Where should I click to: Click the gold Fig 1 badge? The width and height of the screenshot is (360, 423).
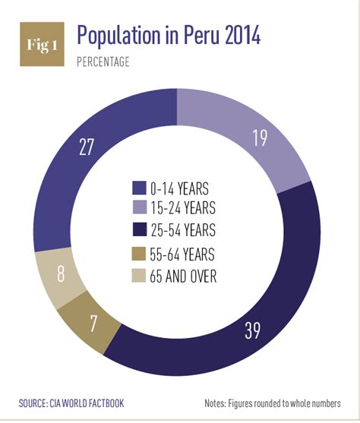pos(41,45)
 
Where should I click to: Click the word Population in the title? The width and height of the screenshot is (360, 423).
pos(123,36)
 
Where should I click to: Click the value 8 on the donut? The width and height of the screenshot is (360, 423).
pos(60,273)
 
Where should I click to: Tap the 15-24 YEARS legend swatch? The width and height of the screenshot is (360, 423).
pos(140,207)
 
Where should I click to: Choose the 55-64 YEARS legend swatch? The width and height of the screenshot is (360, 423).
pos(140,255)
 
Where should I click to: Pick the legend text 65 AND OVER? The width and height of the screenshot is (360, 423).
pos(185,276)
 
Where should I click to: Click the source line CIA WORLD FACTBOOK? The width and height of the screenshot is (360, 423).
pos(72,402)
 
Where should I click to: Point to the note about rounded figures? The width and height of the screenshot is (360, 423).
pos(272,402)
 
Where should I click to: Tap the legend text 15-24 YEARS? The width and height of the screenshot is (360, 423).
pos(185,207)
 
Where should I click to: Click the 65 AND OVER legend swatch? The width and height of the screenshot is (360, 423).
pos(140,276)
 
